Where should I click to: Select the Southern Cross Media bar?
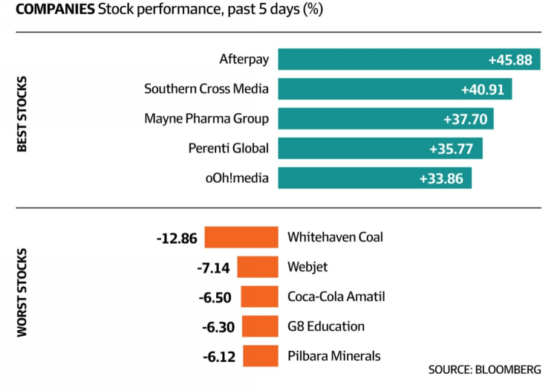tap(395, 89)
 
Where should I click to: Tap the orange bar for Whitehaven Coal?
tap(241, 238)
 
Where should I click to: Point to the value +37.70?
tap(466, 119)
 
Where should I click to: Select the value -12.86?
tap(177, 239)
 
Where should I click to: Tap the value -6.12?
tap(219, 357)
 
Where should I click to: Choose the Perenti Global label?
tap(229, 148)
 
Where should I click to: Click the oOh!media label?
tap(238, 178)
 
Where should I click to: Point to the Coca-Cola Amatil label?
tap(336, 297)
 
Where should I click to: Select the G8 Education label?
tap(326, 326)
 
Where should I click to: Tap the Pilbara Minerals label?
tap(333, 356)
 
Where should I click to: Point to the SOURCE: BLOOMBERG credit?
tap(484, 369)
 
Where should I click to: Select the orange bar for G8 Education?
tap(260, 326)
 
